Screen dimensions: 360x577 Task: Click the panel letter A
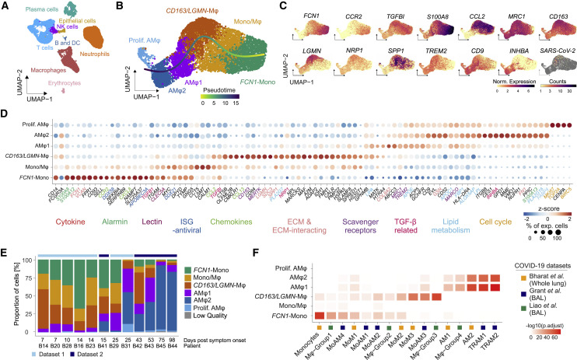click(5, 5)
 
